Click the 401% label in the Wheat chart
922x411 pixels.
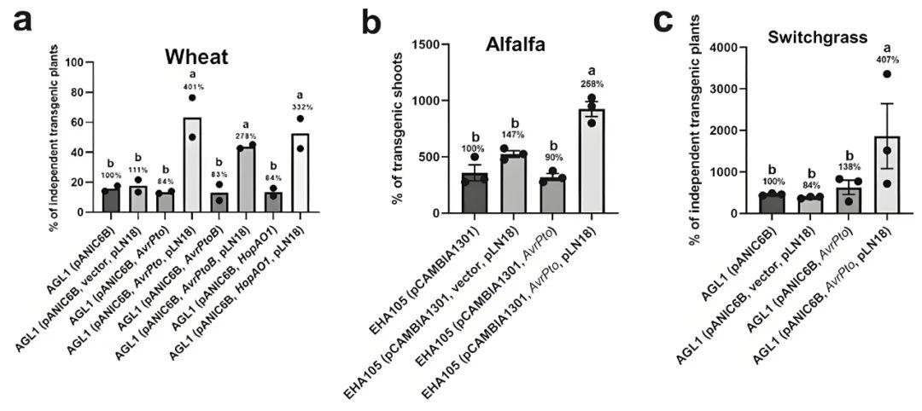(191, 86)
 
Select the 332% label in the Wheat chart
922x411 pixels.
(301, 107)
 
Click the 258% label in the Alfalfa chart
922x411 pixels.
(592, 84)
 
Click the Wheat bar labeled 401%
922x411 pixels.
(192, 165)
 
